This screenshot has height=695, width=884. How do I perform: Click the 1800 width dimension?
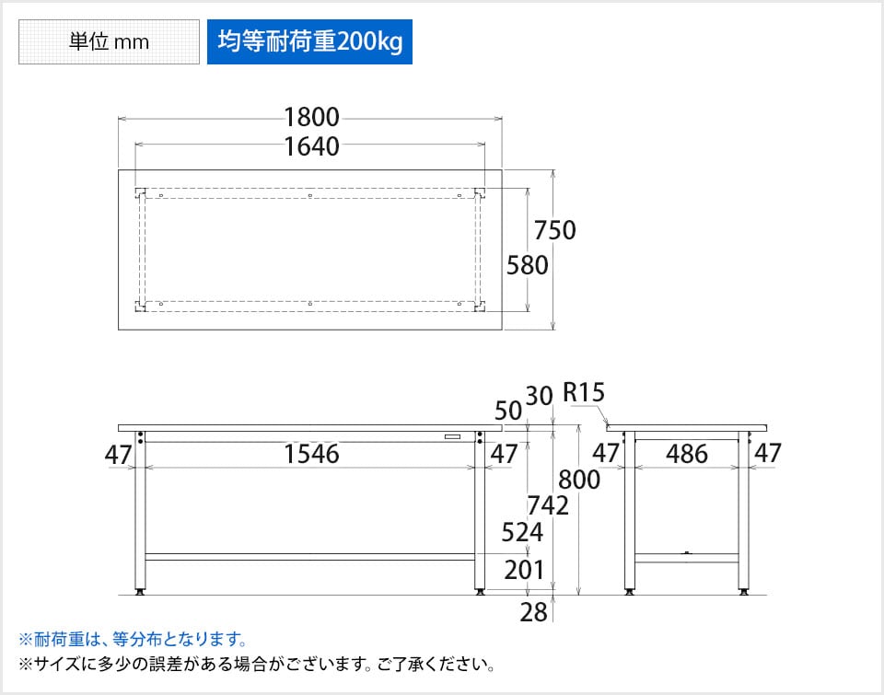coord(311,118)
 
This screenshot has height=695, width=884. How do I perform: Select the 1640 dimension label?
coord(311,145)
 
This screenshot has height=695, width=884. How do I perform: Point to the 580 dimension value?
coord(528,265)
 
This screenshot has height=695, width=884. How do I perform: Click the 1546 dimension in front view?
coord(311,454)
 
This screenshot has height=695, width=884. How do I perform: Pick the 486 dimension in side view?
coord(686,454)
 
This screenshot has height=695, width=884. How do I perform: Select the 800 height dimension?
coord(579,480)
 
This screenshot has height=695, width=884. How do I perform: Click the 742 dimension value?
coord(547,504)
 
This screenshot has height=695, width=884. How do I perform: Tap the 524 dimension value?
coord(521,532)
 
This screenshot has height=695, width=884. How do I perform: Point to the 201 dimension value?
coord(524,572)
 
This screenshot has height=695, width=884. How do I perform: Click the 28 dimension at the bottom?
coord(533,612)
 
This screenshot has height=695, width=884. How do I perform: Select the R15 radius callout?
coord(584,394)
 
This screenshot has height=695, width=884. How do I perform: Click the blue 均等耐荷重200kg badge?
coord(309,42)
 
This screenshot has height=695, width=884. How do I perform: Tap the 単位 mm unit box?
coord(109,42)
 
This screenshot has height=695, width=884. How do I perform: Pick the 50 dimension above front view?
coord(508,411)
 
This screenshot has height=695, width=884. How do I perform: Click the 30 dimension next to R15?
coord(539,396)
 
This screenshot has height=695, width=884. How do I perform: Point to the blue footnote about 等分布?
coord(133,639)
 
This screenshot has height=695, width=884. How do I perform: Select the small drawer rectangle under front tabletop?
coord(452,436)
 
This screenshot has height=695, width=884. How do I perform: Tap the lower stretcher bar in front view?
coord(311,557)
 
